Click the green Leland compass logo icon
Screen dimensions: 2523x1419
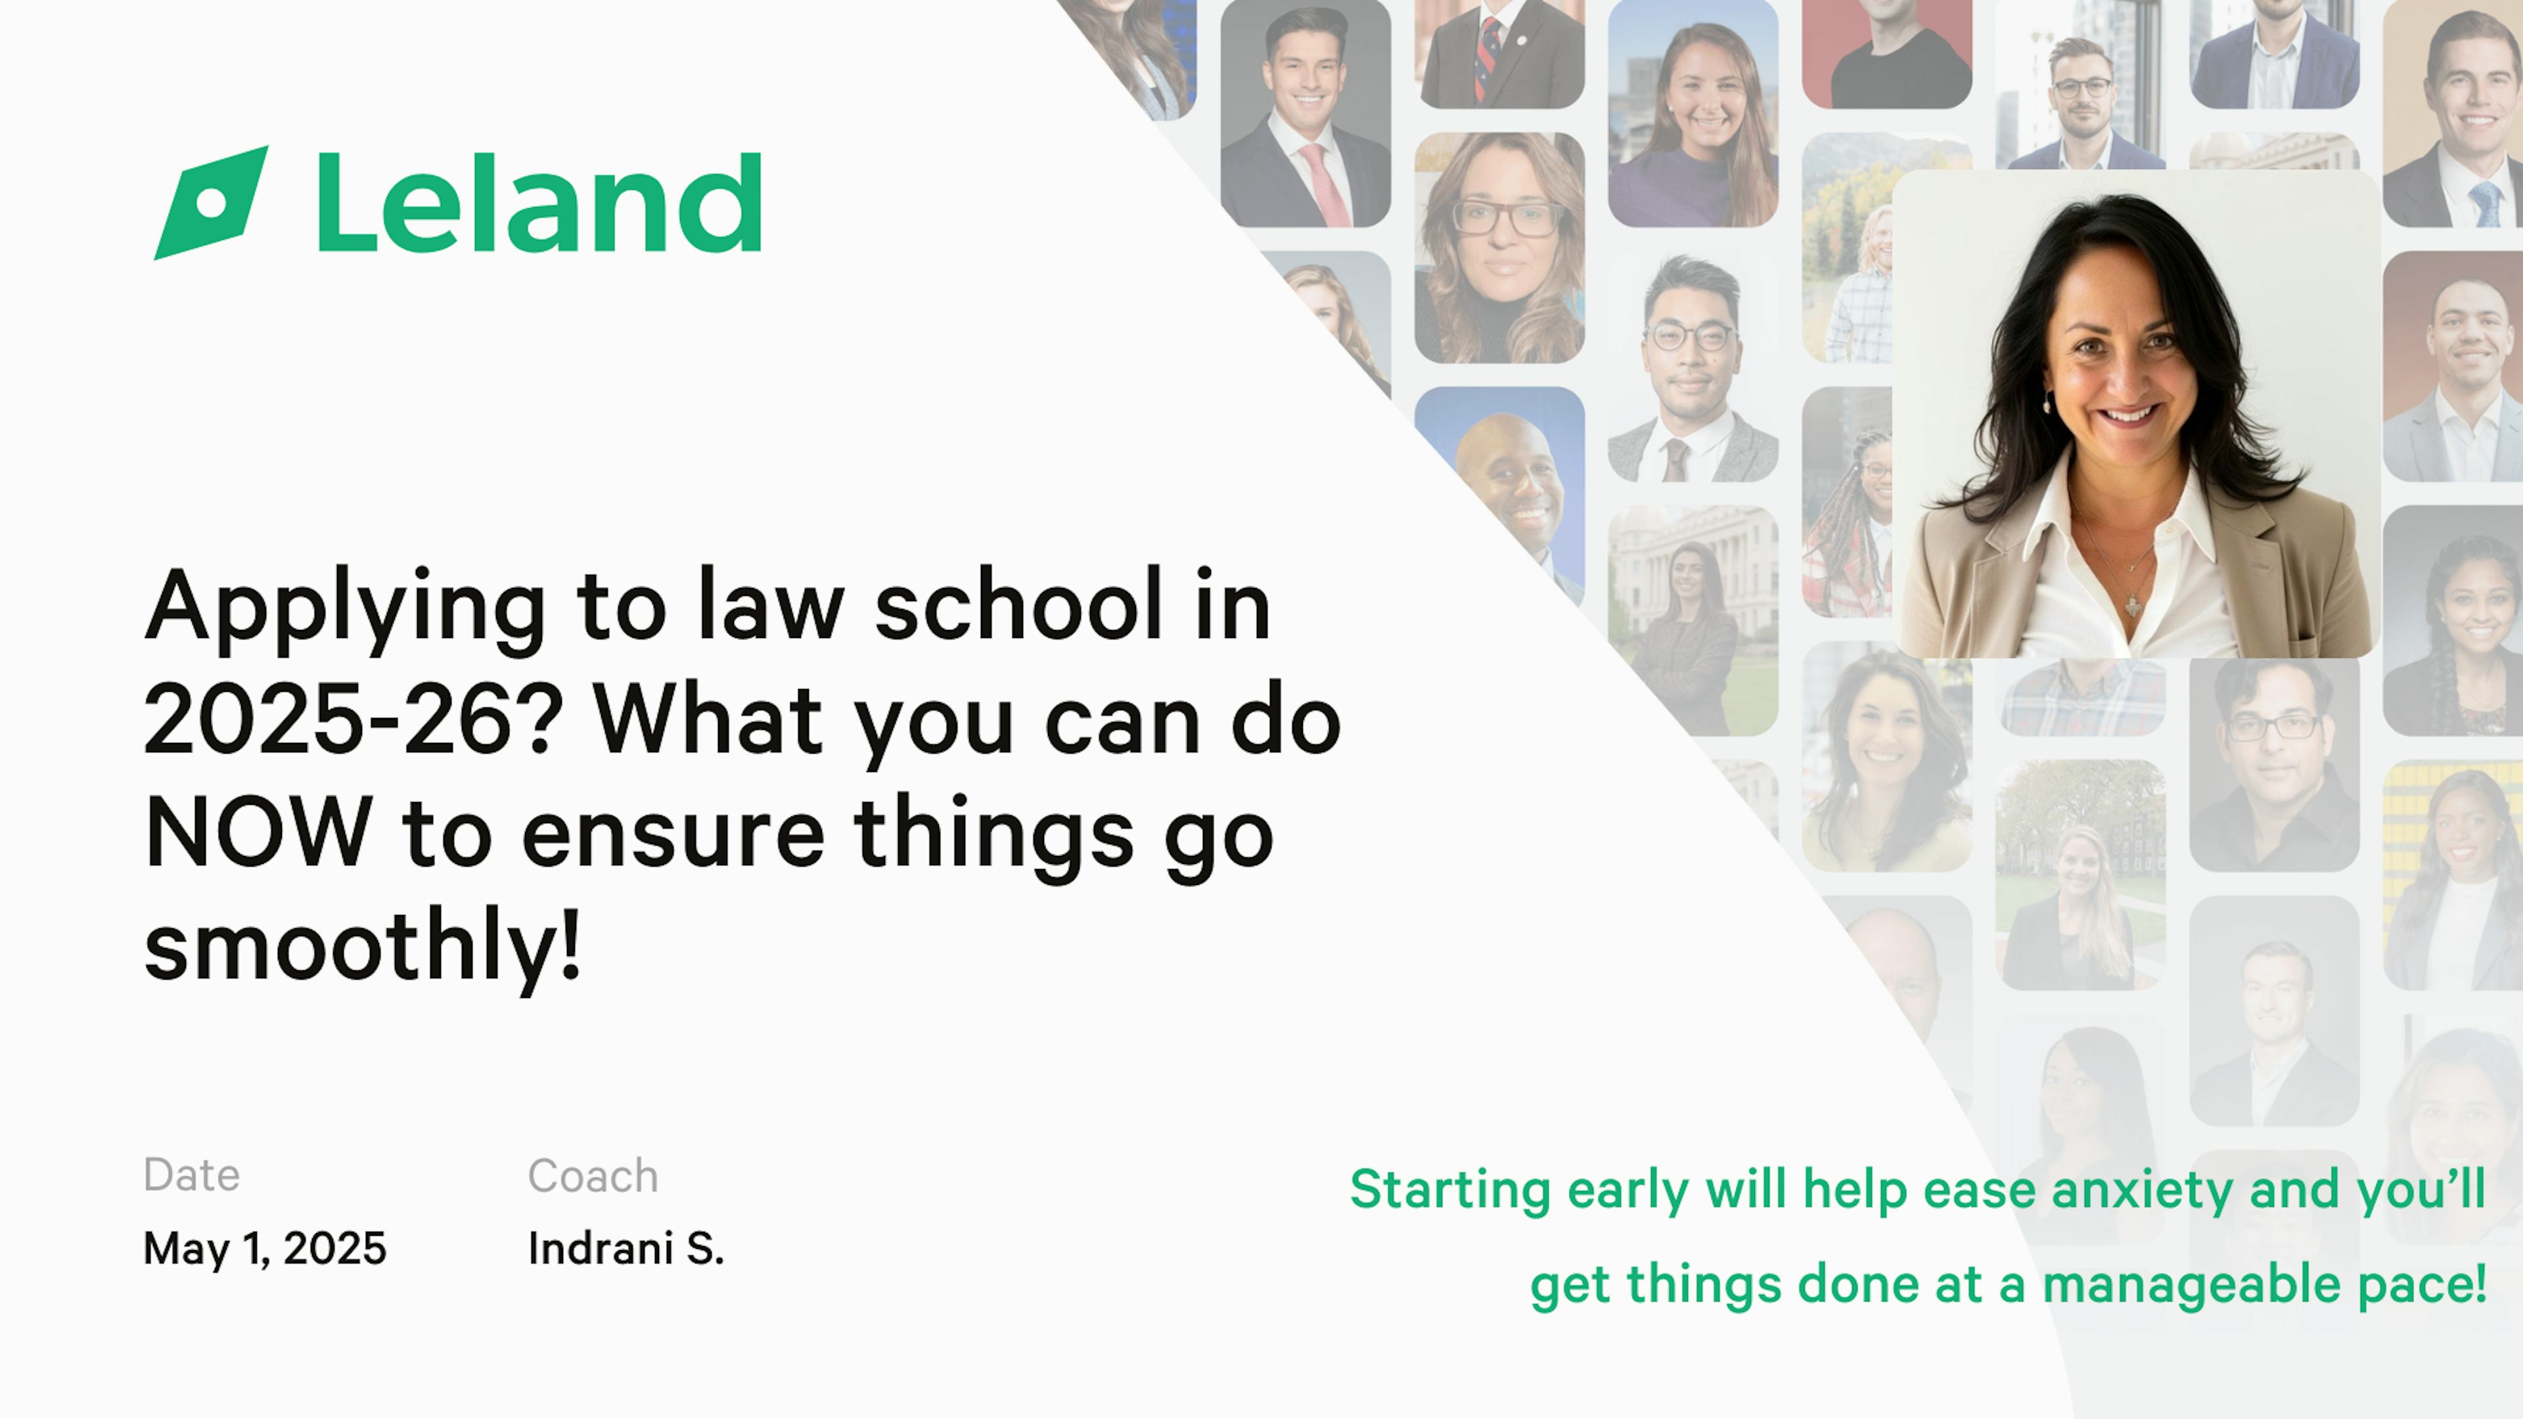(212, 203)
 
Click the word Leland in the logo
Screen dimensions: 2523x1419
(539, 203)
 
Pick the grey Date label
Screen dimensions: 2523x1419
(191, 1175)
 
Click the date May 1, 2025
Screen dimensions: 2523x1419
(264, 1249)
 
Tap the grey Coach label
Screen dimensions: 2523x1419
(593, 1175)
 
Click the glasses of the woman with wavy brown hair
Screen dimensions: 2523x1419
(1505, 217)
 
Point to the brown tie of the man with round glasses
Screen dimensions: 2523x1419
(1676, 461)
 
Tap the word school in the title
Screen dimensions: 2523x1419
(1018, 606)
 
